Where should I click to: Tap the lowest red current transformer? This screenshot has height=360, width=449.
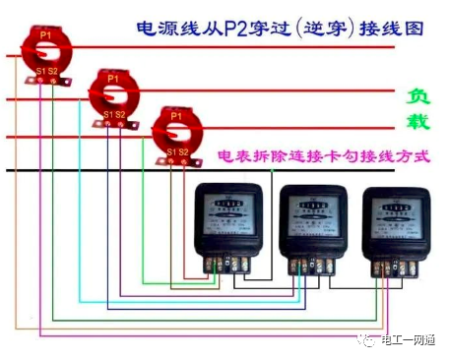tap(176, 134)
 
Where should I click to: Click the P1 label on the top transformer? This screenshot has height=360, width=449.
tap(46, 34)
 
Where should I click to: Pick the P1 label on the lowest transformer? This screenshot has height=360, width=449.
tap(176, 116)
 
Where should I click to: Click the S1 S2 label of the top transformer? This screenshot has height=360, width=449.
tap(46, 72)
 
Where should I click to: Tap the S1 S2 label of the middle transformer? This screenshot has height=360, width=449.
tap(113, 115)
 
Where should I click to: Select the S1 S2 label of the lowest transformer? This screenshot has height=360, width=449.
tap(177, 152)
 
